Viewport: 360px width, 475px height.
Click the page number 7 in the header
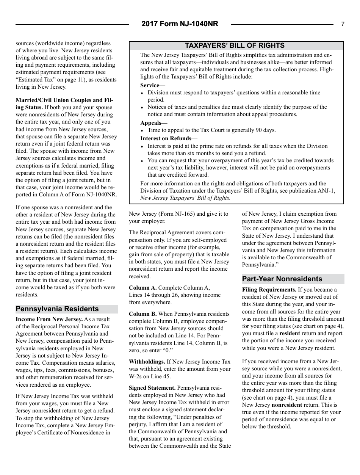click(343, 24)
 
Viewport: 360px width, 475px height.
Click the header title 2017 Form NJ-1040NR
click(180, 24)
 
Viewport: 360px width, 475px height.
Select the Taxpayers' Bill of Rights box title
click(236, 45)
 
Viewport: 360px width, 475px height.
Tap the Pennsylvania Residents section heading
click(57, 309)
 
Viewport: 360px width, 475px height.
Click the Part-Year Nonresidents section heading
click(282, 279)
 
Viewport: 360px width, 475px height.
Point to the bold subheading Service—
click(150, 85)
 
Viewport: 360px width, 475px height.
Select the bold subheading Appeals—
click(153, 123)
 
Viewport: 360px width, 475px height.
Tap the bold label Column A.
click(142, 288)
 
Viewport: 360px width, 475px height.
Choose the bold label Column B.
click(142, 314)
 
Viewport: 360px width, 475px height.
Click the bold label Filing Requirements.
click(269, 290)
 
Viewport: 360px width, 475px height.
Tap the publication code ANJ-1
click(327, 191)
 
